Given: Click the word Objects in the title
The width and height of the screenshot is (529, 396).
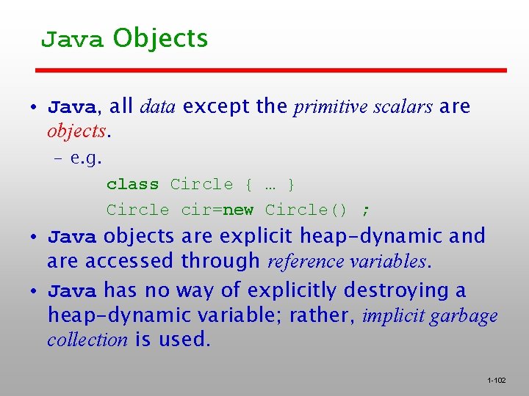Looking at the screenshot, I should pos(161,38).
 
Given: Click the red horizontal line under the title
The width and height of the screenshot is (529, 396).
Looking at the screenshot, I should pos(272,70).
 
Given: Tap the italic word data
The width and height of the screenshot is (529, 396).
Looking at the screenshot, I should pos(157,107).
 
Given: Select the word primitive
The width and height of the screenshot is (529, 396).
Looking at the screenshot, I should pos(330,107).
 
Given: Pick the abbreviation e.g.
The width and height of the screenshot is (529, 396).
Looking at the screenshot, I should pos(86,158).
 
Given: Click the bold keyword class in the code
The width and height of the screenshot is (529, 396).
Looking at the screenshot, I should pos(132,184).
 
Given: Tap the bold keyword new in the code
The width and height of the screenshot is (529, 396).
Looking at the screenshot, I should pos(238,210).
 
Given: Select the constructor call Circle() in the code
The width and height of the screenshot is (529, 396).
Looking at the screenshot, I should pos(306,210).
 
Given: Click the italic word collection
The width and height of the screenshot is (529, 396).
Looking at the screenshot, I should pos(87,340).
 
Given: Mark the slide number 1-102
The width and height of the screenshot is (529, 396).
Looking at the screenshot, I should pos(497,381).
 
